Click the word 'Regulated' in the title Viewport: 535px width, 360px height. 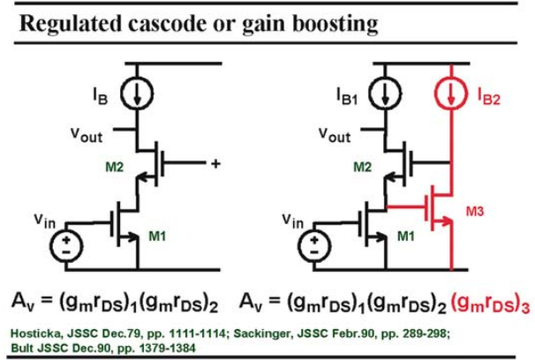pos(71,24)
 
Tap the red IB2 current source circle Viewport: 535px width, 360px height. pos(451,93)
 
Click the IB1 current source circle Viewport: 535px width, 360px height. pos(385,93)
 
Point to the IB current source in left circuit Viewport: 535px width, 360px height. pos(137,93)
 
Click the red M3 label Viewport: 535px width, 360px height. pos(475,212)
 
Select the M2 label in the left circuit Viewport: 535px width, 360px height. pos(115,167)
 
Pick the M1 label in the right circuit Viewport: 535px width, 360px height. pos(406,236)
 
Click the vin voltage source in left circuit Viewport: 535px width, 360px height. pos(66,245)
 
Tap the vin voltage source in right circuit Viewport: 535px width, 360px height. pos(314,245)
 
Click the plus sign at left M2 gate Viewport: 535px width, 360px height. pos(215,164)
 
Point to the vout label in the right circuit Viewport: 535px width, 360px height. pos(335,135)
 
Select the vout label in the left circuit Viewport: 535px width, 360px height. pos(87,135)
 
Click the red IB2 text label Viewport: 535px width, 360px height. pos(488,97)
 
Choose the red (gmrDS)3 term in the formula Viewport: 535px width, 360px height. pos(490,303)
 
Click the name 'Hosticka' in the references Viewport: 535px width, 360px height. pos(36,334)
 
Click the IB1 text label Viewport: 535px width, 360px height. pos(347,96)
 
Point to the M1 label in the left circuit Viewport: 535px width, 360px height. pos(157,236)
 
